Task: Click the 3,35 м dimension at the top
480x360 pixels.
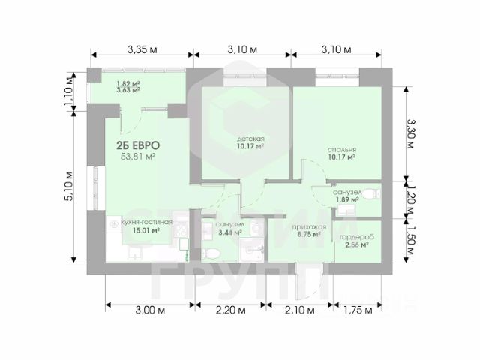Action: (x=141, y=49)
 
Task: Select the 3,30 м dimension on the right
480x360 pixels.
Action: (x=411, y=133)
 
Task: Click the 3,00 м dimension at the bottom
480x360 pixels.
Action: (x=151, y=310)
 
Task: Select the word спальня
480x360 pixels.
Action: (x=341, y=149)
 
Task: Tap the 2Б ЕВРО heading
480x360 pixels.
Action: (x=137, y=145)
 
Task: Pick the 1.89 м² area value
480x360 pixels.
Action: (x=348, y=201)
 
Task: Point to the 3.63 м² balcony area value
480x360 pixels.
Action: (x=129, y=91)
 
